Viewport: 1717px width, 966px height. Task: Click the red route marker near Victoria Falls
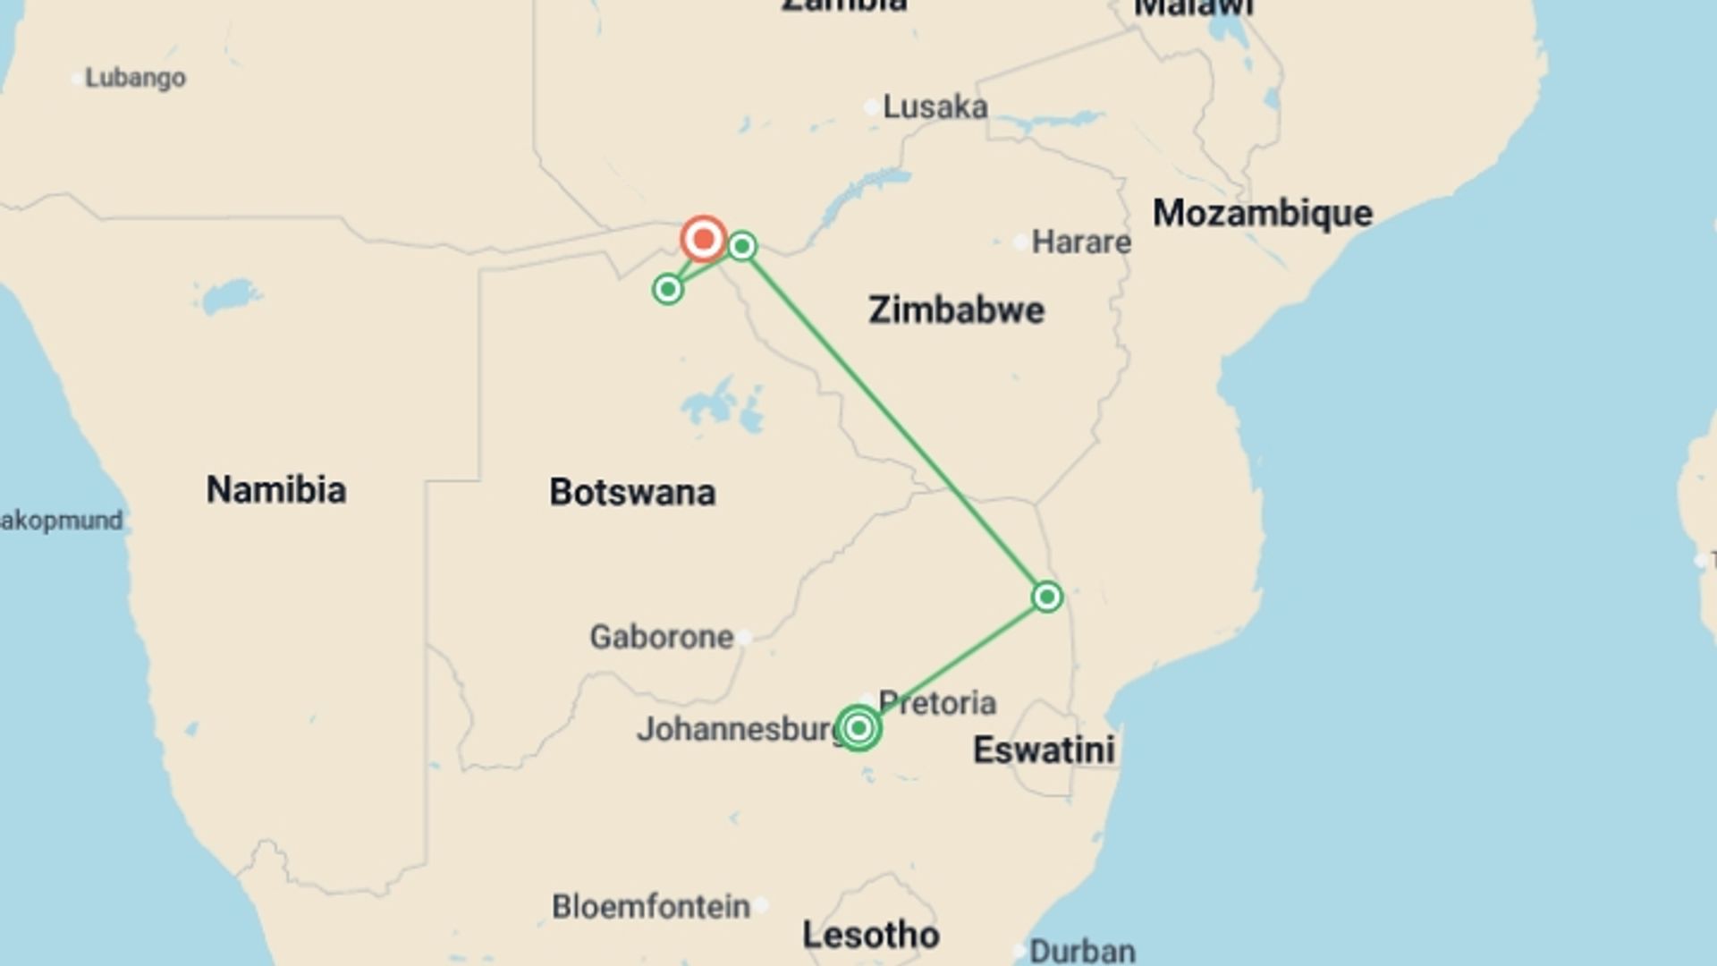pos(703,239)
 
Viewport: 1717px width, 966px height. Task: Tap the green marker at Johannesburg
pos(858,728)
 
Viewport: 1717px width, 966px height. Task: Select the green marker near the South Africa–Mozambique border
pos(1047,597)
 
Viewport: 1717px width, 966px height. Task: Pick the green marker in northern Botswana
pos(667,289)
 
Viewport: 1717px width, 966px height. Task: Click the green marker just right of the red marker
pos(742,246)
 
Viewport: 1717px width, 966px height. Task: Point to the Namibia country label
pos(276,490)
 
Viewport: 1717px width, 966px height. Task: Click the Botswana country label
pos(632,493)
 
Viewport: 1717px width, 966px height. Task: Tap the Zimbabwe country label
pos(956,310)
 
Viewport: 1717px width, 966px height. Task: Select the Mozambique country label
pos(1262,214)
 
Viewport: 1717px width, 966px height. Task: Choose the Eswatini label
pos(1044,750)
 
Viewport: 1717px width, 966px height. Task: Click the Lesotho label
pos(871,936)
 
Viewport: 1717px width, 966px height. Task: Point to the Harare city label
pos(1081,241)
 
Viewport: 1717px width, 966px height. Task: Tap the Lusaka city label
pos(935,107)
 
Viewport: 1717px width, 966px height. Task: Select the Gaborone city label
pos(662,637)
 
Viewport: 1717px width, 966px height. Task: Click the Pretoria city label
pos(937,703)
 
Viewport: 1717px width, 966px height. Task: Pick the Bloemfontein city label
pos(651,907)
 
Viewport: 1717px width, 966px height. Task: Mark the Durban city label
pos(1082,951)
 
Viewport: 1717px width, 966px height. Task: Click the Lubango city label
pos(135,78)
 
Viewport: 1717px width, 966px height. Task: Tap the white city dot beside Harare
pos(1020,242)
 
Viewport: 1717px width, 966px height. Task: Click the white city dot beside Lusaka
pos(871,107)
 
